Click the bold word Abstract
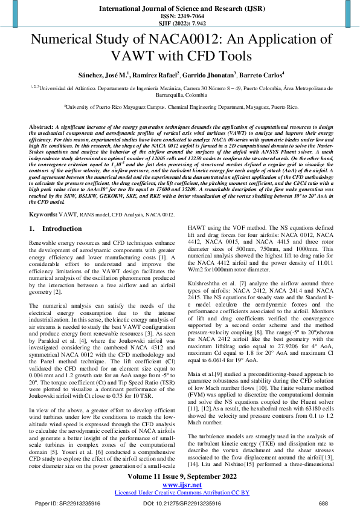pos(40,128)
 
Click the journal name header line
pos(179,9)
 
